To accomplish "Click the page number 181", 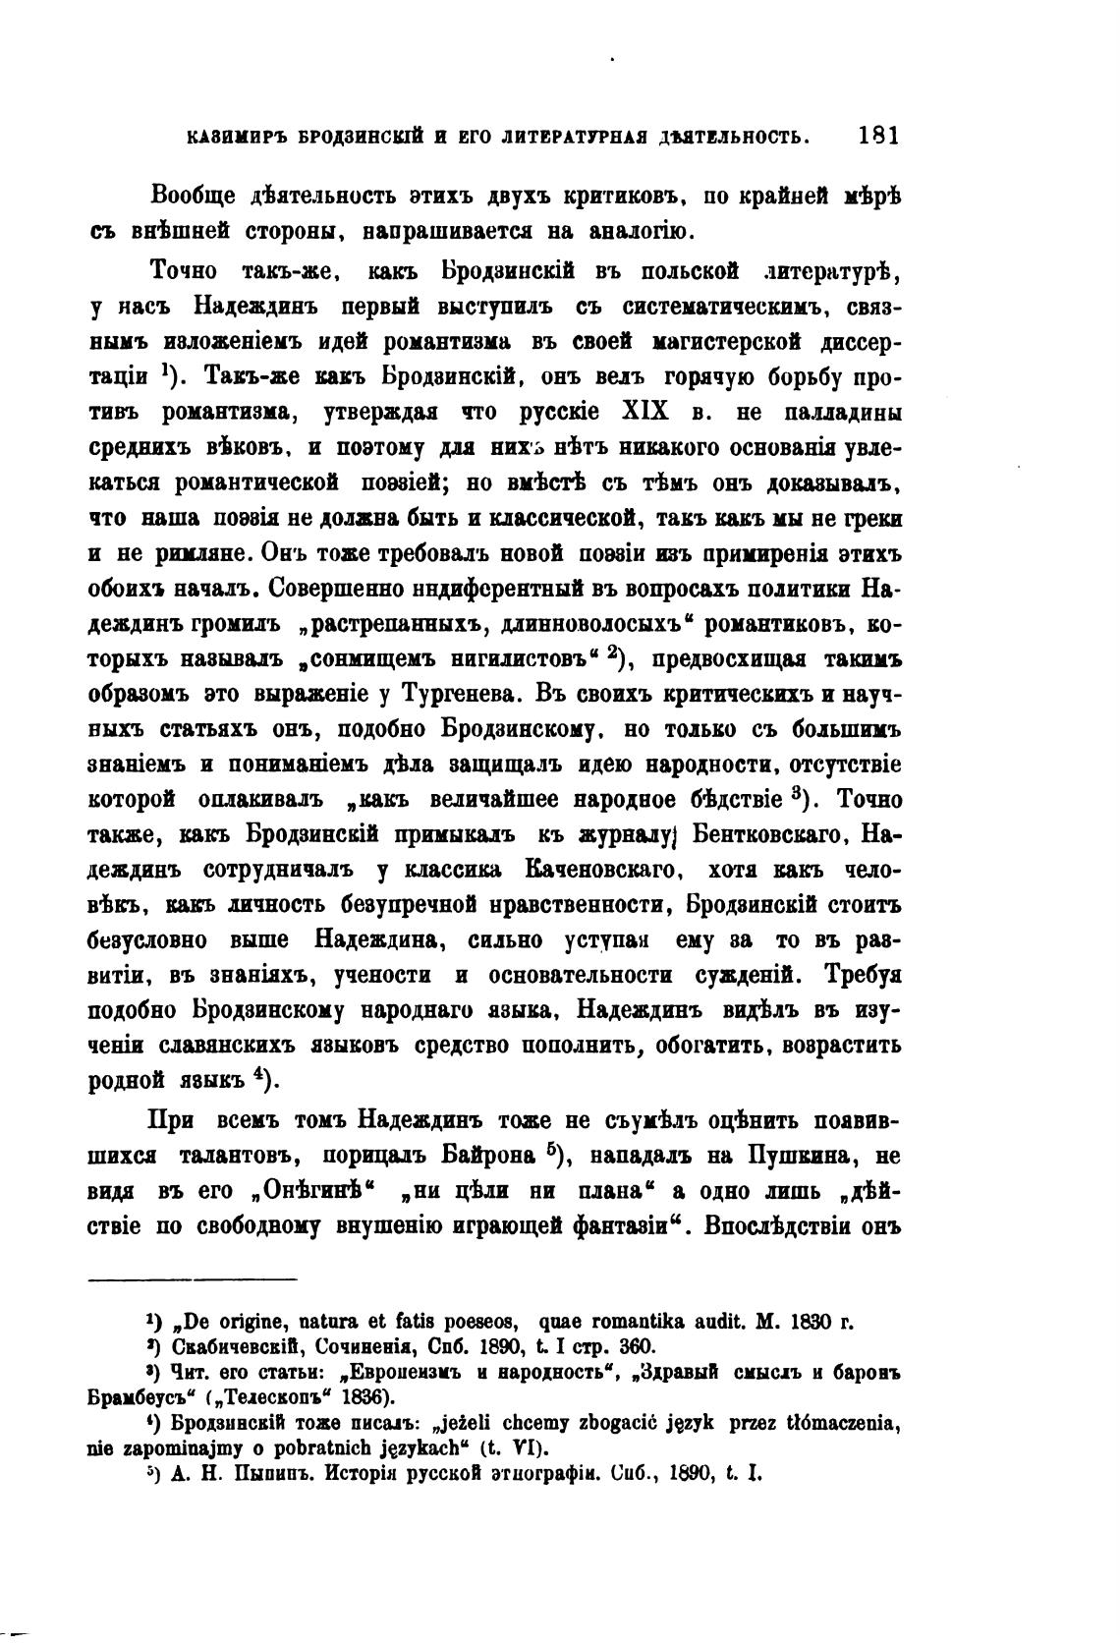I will coord(877,136).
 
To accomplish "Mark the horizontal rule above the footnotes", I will coord(193,1278).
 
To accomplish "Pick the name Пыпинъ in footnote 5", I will coord(270,1474).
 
